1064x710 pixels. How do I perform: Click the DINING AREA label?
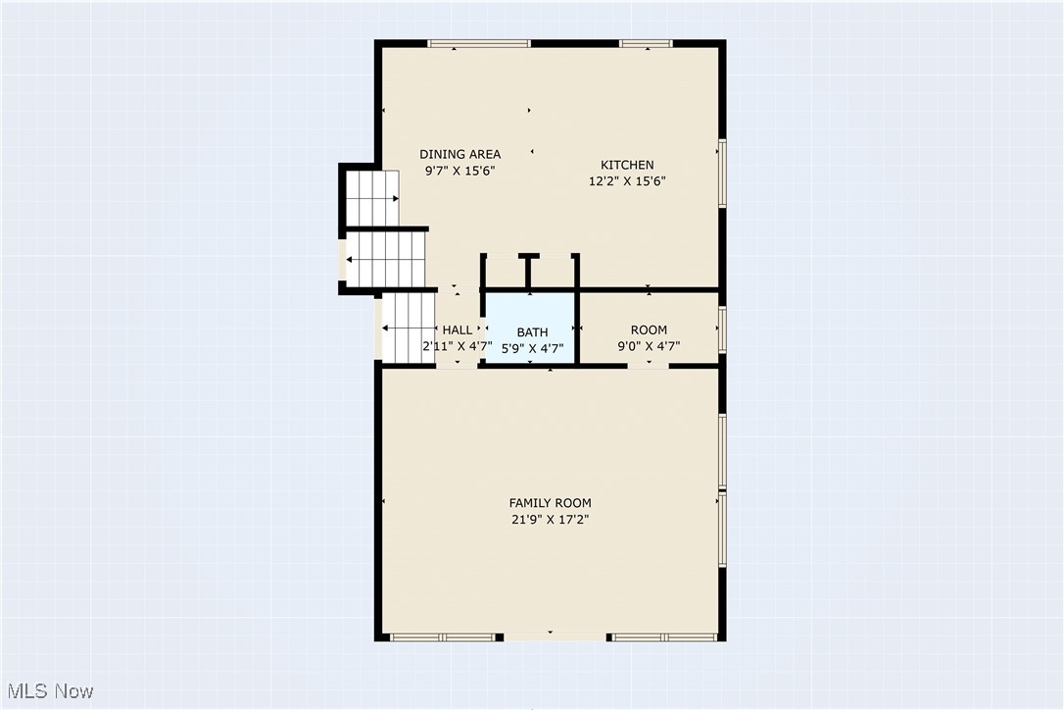point(459,154)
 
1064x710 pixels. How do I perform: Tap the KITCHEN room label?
point(627,165)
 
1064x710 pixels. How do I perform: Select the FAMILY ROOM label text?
point(550,503)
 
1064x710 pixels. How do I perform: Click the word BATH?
point(532,332)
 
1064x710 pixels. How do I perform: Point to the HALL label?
point(457,330)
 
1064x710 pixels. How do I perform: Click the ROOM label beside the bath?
point(649,330)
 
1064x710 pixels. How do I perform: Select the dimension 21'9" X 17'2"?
point(550,520)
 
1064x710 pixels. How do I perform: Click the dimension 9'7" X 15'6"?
point(459,171)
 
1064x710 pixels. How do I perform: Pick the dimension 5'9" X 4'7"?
point(532,347)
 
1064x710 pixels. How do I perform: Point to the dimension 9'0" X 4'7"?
point(649,346)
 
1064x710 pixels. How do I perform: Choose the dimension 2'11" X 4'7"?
point(457,346)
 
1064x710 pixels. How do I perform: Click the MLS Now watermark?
point(48,691)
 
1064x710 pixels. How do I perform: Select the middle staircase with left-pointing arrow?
point(386,259)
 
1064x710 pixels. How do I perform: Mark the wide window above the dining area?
point(479,43)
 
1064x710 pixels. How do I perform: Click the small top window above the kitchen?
point(646,43)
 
